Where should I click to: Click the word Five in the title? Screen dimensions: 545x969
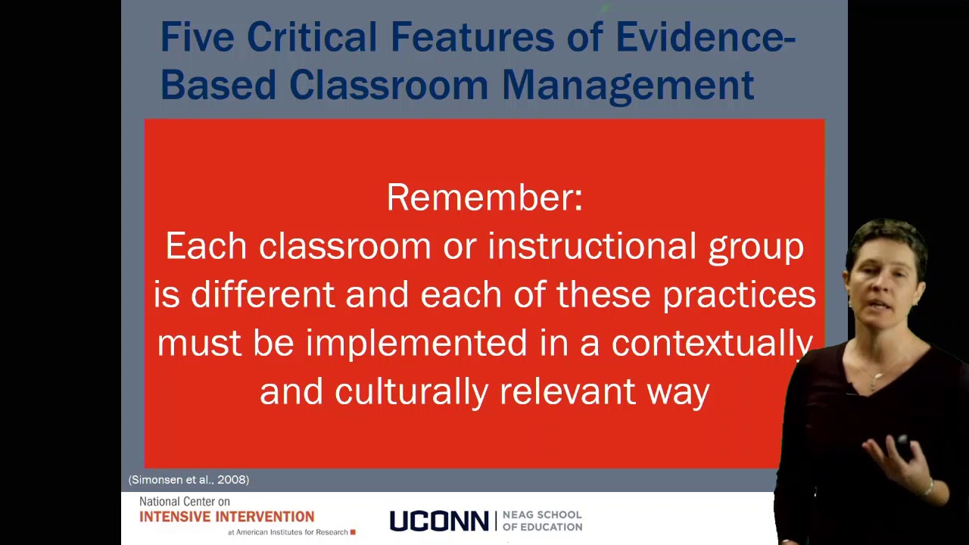click(197, 37)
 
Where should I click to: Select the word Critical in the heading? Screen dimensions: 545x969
click(312, 37)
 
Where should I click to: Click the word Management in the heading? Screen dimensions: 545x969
click(628, 86)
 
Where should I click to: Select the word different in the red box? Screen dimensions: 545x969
click(263, 294)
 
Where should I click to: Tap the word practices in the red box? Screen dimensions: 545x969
click(739, 294)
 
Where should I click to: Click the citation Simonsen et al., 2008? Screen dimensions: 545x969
click(189, 480)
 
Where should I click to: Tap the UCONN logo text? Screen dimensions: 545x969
click(438, 522)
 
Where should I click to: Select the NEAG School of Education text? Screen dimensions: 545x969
click(542, 521)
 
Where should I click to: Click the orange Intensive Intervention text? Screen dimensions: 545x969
click(226, 517)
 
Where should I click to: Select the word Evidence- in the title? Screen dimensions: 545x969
click(705, 37)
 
